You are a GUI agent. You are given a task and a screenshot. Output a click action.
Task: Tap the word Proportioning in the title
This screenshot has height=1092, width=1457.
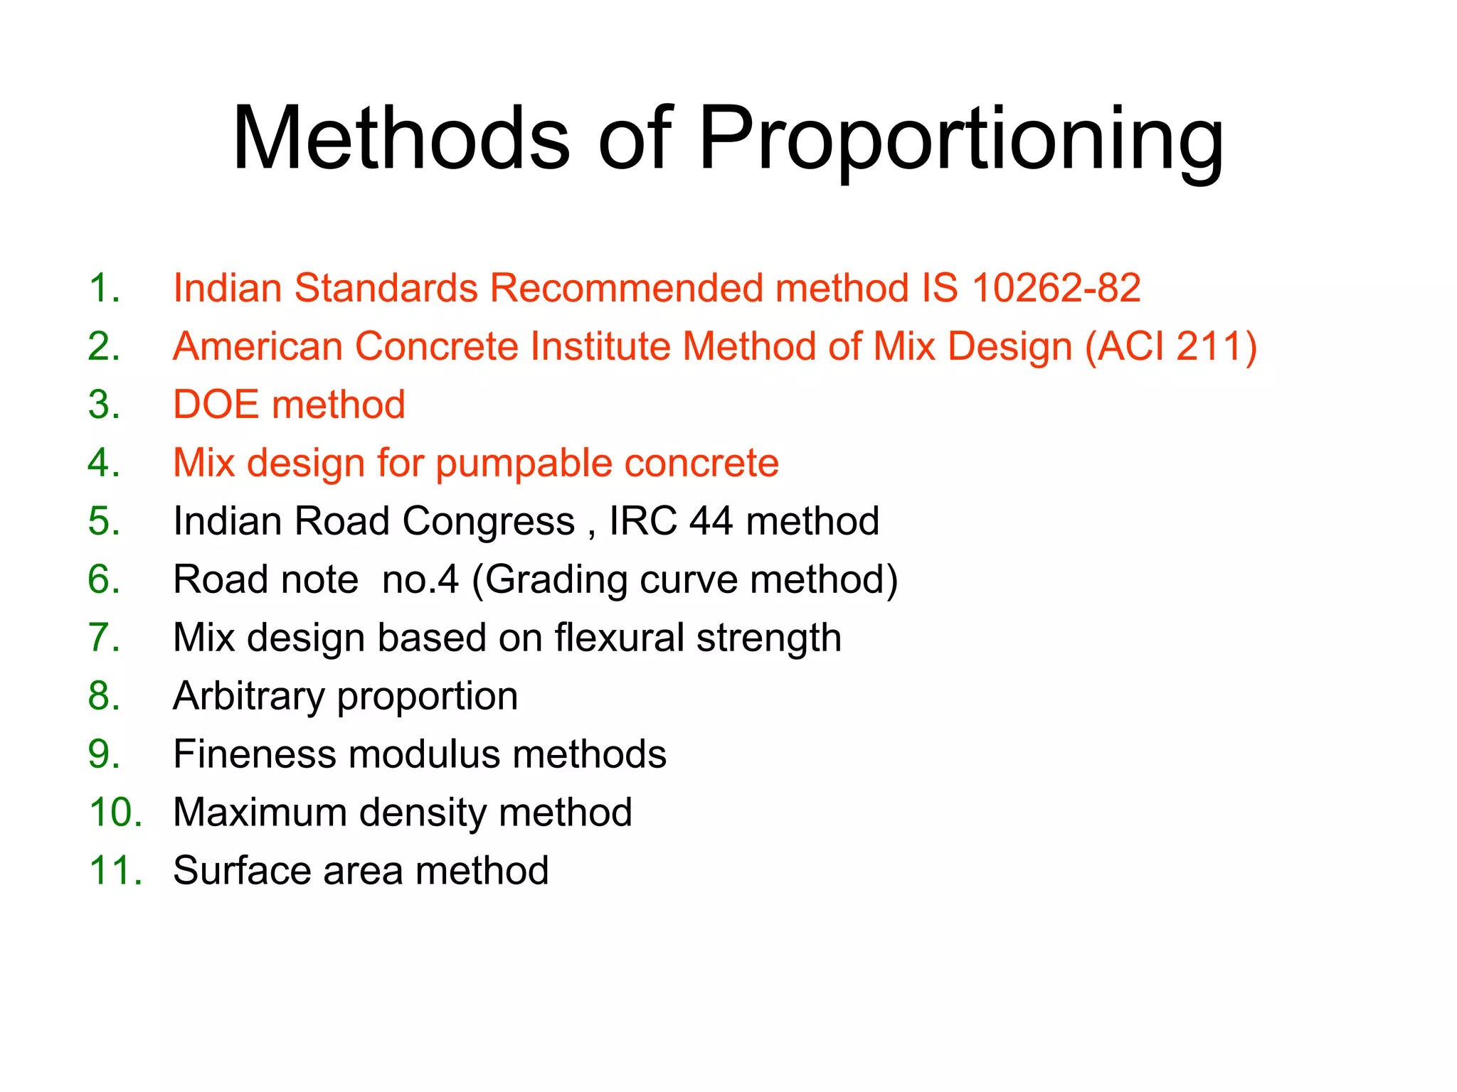[x=961, y=139]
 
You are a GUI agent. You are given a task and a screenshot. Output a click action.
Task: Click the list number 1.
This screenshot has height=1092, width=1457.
[x=104, y=289]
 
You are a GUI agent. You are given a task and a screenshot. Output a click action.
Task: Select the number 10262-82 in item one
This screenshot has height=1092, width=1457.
[x=1056, y=289]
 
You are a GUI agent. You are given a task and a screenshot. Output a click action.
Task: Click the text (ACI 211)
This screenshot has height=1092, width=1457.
[x=1171, y=347]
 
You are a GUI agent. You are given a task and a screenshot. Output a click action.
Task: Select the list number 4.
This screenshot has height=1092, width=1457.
[x=104, y=464]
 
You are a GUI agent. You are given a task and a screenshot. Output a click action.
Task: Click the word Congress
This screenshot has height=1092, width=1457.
[x=488, y=522]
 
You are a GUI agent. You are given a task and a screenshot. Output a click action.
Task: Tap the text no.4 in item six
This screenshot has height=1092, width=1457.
[x=420, y=580]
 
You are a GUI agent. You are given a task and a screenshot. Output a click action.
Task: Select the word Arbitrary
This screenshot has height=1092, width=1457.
[x=249, y=697]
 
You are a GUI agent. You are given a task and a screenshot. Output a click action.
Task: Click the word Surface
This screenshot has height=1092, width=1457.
[x=243, y=871]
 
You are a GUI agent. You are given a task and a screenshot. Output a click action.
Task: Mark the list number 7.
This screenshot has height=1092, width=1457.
[x=104, y=638]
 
